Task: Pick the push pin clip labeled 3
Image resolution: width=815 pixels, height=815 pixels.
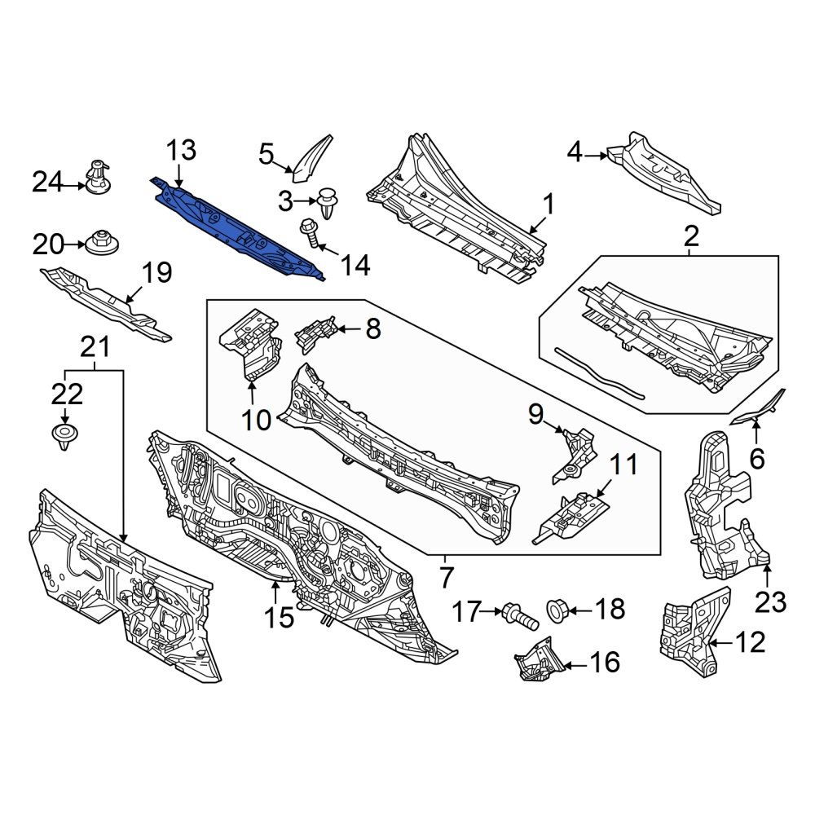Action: click(x=328, y=201)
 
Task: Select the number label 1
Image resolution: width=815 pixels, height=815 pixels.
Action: click(x=548, y=204)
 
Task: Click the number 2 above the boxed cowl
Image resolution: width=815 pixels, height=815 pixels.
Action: click(x=690, y=237)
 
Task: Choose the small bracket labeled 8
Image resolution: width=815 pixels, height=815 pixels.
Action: click(x=318, y=334)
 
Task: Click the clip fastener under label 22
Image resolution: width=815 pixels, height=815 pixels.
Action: click(x=64, y=436)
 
